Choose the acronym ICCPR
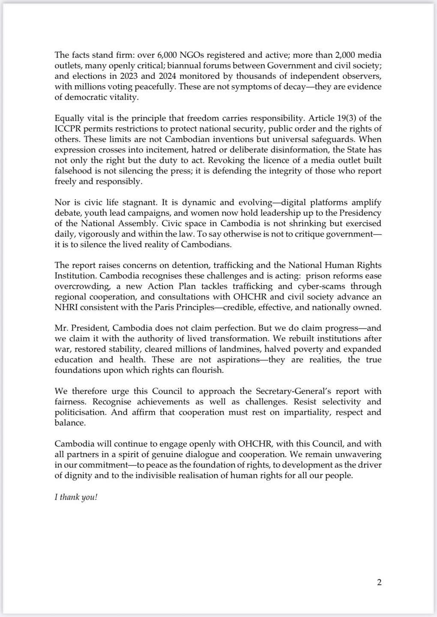(68, 129)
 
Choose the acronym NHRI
(66, 307)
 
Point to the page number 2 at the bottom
(379, 582)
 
